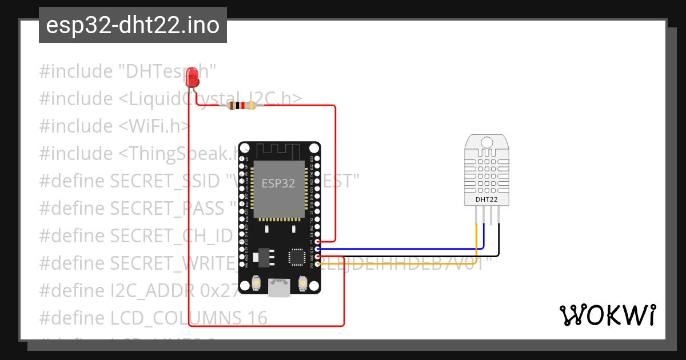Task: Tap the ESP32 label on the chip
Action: coord(278,183)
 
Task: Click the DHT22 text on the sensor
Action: coord(486,199)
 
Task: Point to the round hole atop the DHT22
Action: coord(487,141)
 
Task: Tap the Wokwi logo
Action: coord(607,315)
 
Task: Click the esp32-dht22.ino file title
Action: coord(133,25)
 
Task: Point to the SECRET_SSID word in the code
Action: coord(164,181)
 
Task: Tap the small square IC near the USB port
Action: coord(297,257)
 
